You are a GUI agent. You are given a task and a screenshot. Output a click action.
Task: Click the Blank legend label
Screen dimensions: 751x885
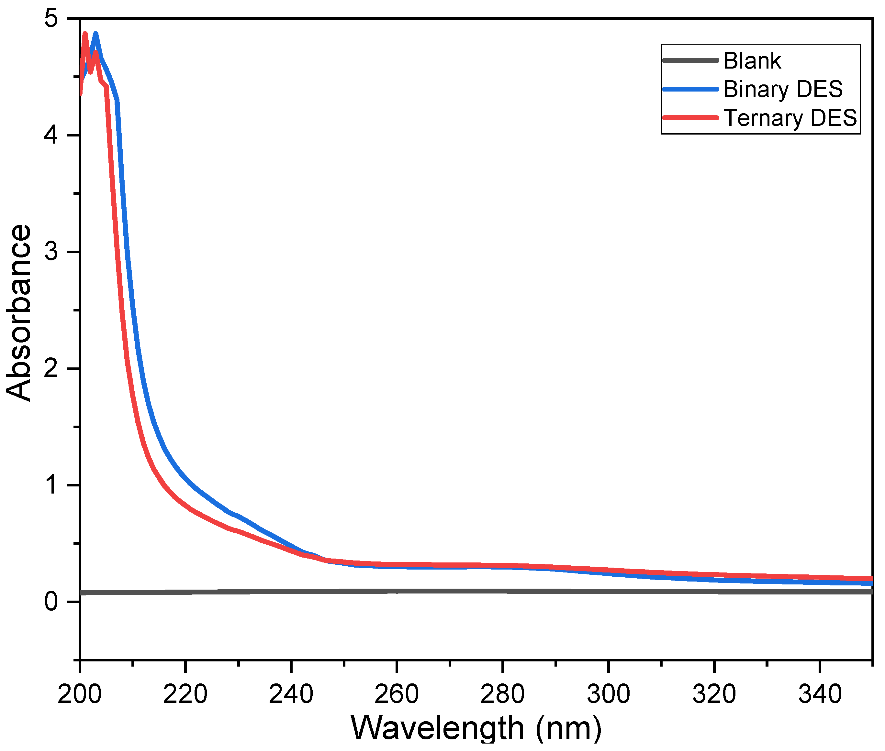pos(752,61)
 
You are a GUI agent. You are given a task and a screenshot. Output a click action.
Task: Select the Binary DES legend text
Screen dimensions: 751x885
pos(783,89)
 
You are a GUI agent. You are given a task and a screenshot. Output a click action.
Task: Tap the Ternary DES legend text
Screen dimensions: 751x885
pos(790,118)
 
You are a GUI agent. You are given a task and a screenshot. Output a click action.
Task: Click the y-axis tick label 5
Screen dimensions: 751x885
pos(51,19)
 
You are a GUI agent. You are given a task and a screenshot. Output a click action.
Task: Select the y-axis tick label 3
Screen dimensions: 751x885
pos(51,252)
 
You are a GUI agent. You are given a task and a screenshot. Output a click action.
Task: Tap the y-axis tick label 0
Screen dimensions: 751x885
pos(51,602)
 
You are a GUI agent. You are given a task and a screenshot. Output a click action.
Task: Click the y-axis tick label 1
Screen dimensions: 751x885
pos(51,485)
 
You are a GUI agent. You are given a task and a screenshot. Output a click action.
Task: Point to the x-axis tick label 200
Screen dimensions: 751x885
pos(80,694)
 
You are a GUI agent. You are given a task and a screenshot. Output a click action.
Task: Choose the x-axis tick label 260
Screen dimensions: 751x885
pos(397,694)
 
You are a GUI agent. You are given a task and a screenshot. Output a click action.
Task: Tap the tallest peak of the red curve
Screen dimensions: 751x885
pos(85,34)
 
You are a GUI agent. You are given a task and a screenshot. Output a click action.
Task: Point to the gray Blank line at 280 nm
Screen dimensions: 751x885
pos(503,591)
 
